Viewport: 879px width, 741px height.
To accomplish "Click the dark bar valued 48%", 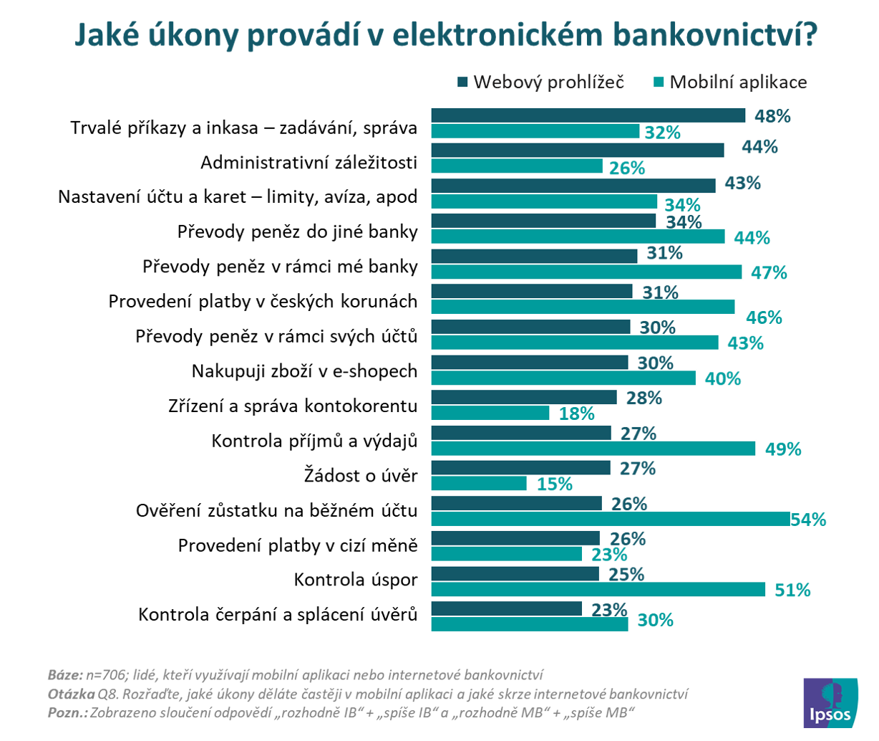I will [x=588, y=115].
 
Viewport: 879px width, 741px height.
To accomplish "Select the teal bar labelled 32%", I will [x=535, y=132].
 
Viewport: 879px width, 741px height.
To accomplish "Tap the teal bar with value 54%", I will [x=610, y=519].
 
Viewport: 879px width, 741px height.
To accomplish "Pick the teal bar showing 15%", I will [x=479, y=484].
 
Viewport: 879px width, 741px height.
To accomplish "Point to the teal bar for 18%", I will [x=490, y=413].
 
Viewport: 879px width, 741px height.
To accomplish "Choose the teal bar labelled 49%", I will [x=593, y=449].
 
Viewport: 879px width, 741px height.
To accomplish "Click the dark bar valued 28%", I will [x=523, y=397].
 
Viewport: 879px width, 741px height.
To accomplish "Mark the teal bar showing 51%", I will [x=598, y=589].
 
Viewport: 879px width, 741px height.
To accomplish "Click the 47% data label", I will [x=769, y=272].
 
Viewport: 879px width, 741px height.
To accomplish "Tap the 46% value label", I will [x=764, y=317].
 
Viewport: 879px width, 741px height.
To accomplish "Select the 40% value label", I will [x=722, y=378].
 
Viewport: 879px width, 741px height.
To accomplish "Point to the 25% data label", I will [x=626, y=574].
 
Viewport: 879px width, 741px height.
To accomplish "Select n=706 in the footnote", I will [x=107, y=675].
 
